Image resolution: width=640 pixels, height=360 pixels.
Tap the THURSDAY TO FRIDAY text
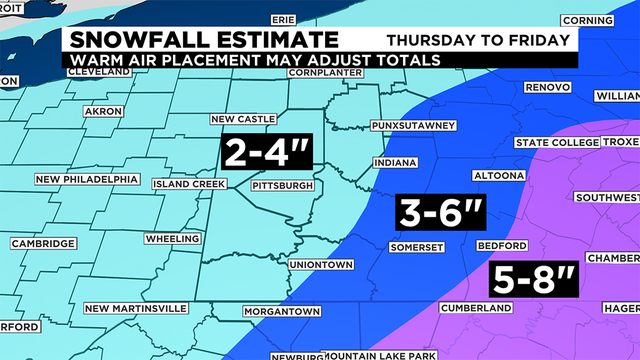[x=478, y=40]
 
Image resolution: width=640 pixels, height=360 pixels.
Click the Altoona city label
[x=497, y=175]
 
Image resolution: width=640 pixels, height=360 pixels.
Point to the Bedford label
[x=501, y=245]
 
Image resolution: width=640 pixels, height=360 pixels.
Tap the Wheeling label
[x=172, y=240]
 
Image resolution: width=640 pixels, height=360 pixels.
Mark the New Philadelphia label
[x=86, y=180]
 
